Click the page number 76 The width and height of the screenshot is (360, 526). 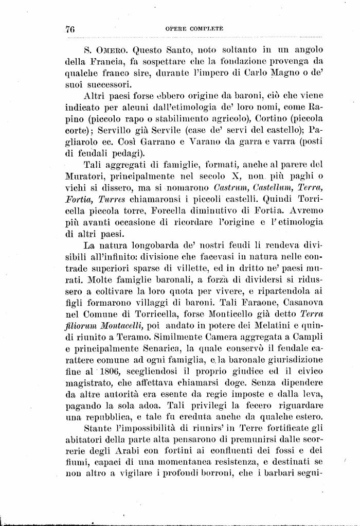[70, 29]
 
